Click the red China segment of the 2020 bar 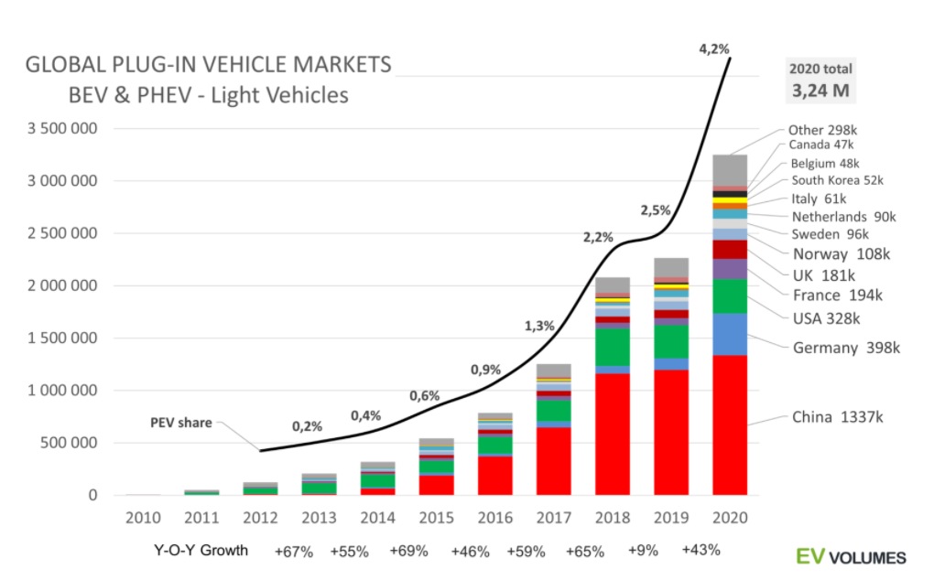tap(730, 424)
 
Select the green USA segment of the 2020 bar tap(730, 296)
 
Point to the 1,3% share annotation tap(539, 326)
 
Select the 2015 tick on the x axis tap(435, 518)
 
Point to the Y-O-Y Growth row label tap(201, 552)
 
